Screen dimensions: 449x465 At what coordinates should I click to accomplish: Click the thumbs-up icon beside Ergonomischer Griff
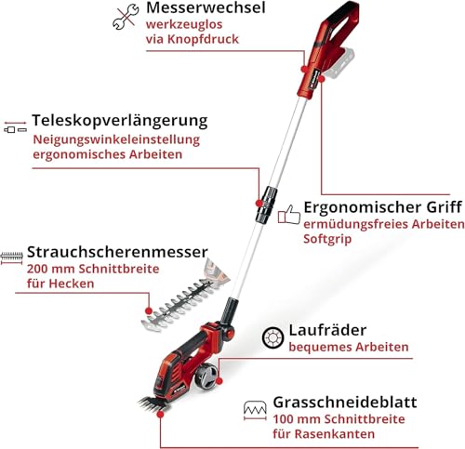click(x=289, y=215)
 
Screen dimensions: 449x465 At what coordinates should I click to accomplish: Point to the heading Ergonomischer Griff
click(x=384, y=206)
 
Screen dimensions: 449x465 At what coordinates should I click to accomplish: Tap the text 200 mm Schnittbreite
click(x=93, y=268)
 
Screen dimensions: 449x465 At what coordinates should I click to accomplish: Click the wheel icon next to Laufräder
click(x=272, y=337)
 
